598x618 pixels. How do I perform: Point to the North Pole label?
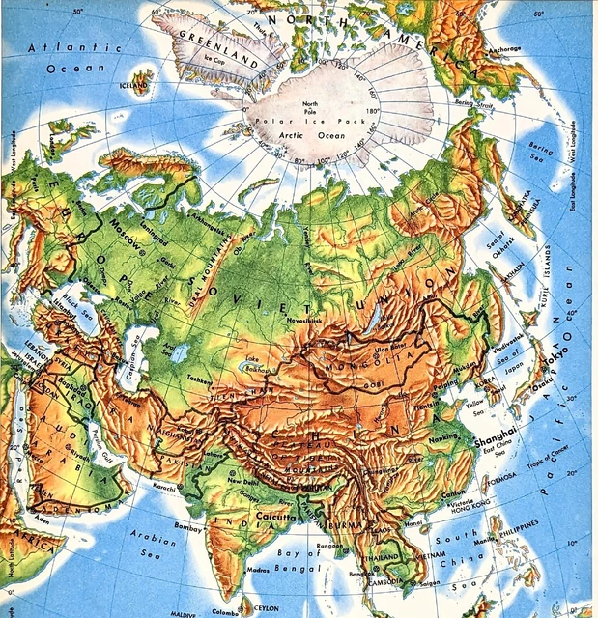(x=310, y=106)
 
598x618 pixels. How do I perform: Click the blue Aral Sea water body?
(x=178, y=353)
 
